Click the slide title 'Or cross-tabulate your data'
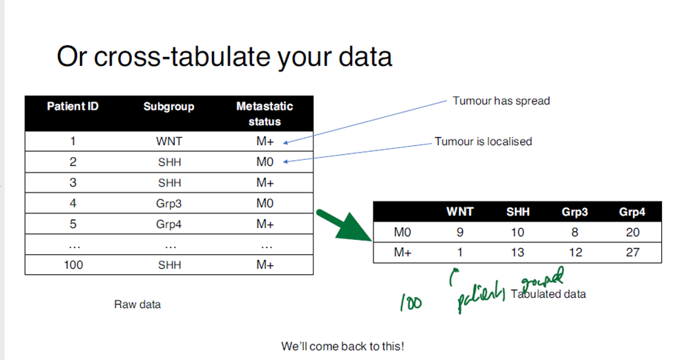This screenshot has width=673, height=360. point(224,56)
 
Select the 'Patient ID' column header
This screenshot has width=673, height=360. point(73,107)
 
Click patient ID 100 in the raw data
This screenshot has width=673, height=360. point(73,265)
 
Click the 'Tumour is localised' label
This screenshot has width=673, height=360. point(483,141)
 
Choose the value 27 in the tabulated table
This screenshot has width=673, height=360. point(632,253)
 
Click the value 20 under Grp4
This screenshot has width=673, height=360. point(632,233)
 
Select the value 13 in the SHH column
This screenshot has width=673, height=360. point(517,253)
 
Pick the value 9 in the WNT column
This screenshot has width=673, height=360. point(460,233)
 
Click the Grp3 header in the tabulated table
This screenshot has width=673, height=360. point(574,212)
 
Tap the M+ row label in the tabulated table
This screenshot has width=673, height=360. point(403,253)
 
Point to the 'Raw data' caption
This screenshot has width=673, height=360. point(137,304)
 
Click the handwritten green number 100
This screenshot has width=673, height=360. point(409,303)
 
